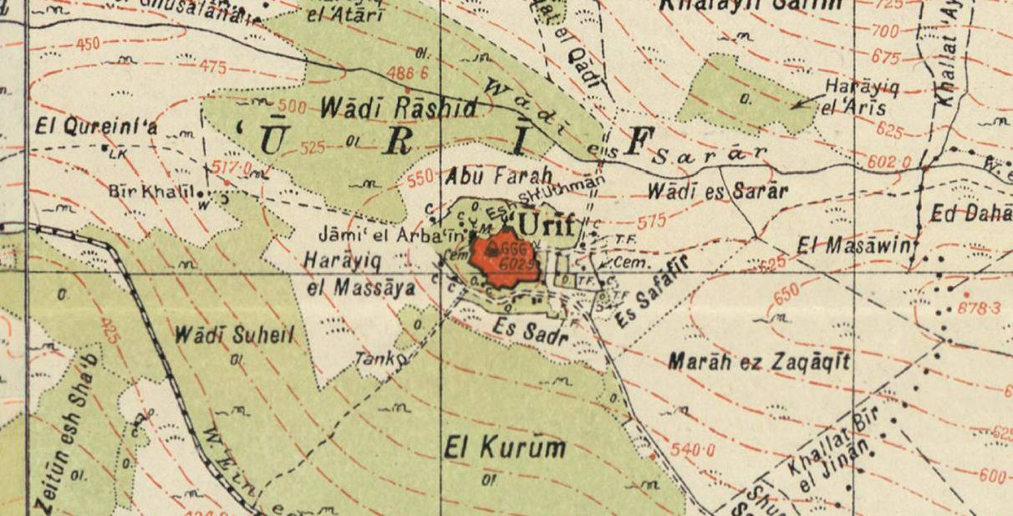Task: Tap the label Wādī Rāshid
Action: coord(399,108)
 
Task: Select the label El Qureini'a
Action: coord(96,128)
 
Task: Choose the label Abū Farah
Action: coord(500,176)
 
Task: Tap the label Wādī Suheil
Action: coord(236,335)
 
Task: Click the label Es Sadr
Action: coord(526,329)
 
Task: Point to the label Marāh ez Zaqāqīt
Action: coord(760,362)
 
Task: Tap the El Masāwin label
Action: coord(853,246)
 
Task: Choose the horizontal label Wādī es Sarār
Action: coord(717,192)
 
